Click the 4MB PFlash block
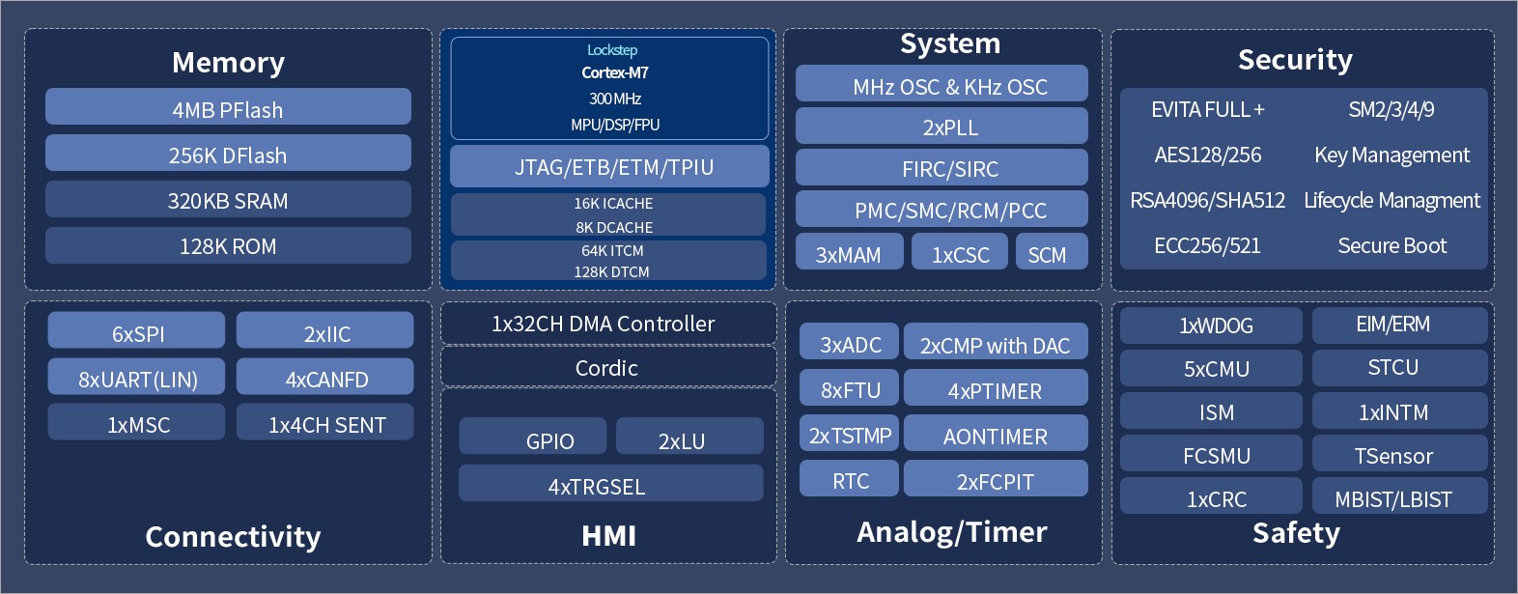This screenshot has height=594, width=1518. coord(229,106)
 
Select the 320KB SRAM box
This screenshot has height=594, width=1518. coord(229,199)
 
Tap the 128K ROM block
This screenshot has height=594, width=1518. coord(229,245)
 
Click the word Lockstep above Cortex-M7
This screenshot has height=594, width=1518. coord(612,50)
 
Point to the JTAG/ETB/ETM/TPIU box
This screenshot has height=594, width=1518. coord(610,166)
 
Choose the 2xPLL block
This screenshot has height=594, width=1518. coord(942,127)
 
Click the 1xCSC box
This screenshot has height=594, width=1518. coord(960,251)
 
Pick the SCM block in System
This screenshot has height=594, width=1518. coord(1053,251)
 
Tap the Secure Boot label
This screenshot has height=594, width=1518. coord(1391,245)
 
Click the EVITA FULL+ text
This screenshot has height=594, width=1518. coord(1208,109)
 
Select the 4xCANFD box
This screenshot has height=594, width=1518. coord(325,377)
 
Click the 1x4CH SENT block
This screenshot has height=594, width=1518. coord(325,422)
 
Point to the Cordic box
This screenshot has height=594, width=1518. coord(608,367)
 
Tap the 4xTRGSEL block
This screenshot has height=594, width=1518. coord(611,483)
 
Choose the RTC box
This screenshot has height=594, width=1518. coord(849,478)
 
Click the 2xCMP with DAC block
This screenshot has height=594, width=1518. coord(997,341)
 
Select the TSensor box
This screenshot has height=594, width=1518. coord(1400,453)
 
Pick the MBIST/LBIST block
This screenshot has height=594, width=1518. coord(1400,495)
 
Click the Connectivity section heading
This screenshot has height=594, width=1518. coord(233,537)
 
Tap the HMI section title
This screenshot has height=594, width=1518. coord(608,536)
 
